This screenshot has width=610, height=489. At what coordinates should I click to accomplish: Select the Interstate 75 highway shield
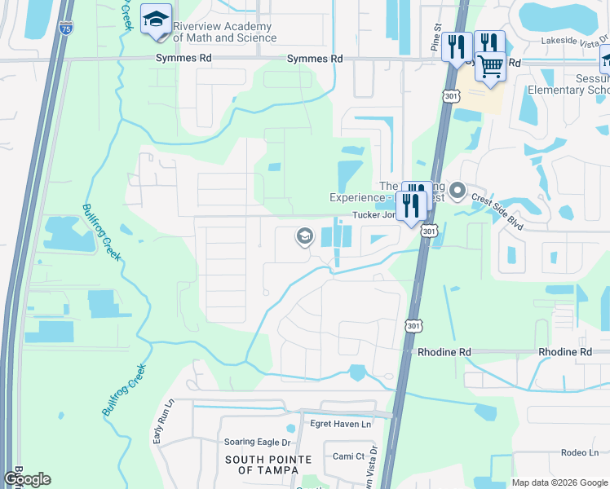65,29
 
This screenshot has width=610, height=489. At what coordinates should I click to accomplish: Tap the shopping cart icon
490,64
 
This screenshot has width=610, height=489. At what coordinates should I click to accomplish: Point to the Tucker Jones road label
378,216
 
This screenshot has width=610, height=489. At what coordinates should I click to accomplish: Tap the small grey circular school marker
305,236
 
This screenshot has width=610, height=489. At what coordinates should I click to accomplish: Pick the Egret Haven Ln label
340,424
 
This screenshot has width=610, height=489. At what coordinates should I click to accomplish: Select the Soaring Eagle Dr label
257,443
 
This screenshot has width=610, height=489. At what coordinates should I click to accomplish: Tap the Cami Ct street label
349,456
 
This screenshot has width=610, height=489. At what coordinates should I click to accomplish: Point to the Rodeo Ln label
581,453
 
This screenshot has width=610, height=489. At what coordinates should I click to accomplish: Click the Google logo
28,479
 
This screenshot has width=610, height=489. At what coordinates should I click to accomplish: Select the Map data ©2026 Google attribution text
559,482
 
